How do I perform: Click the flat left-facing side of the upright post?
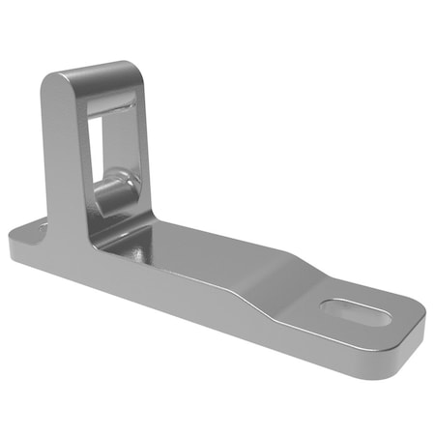tap(63, 155)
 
